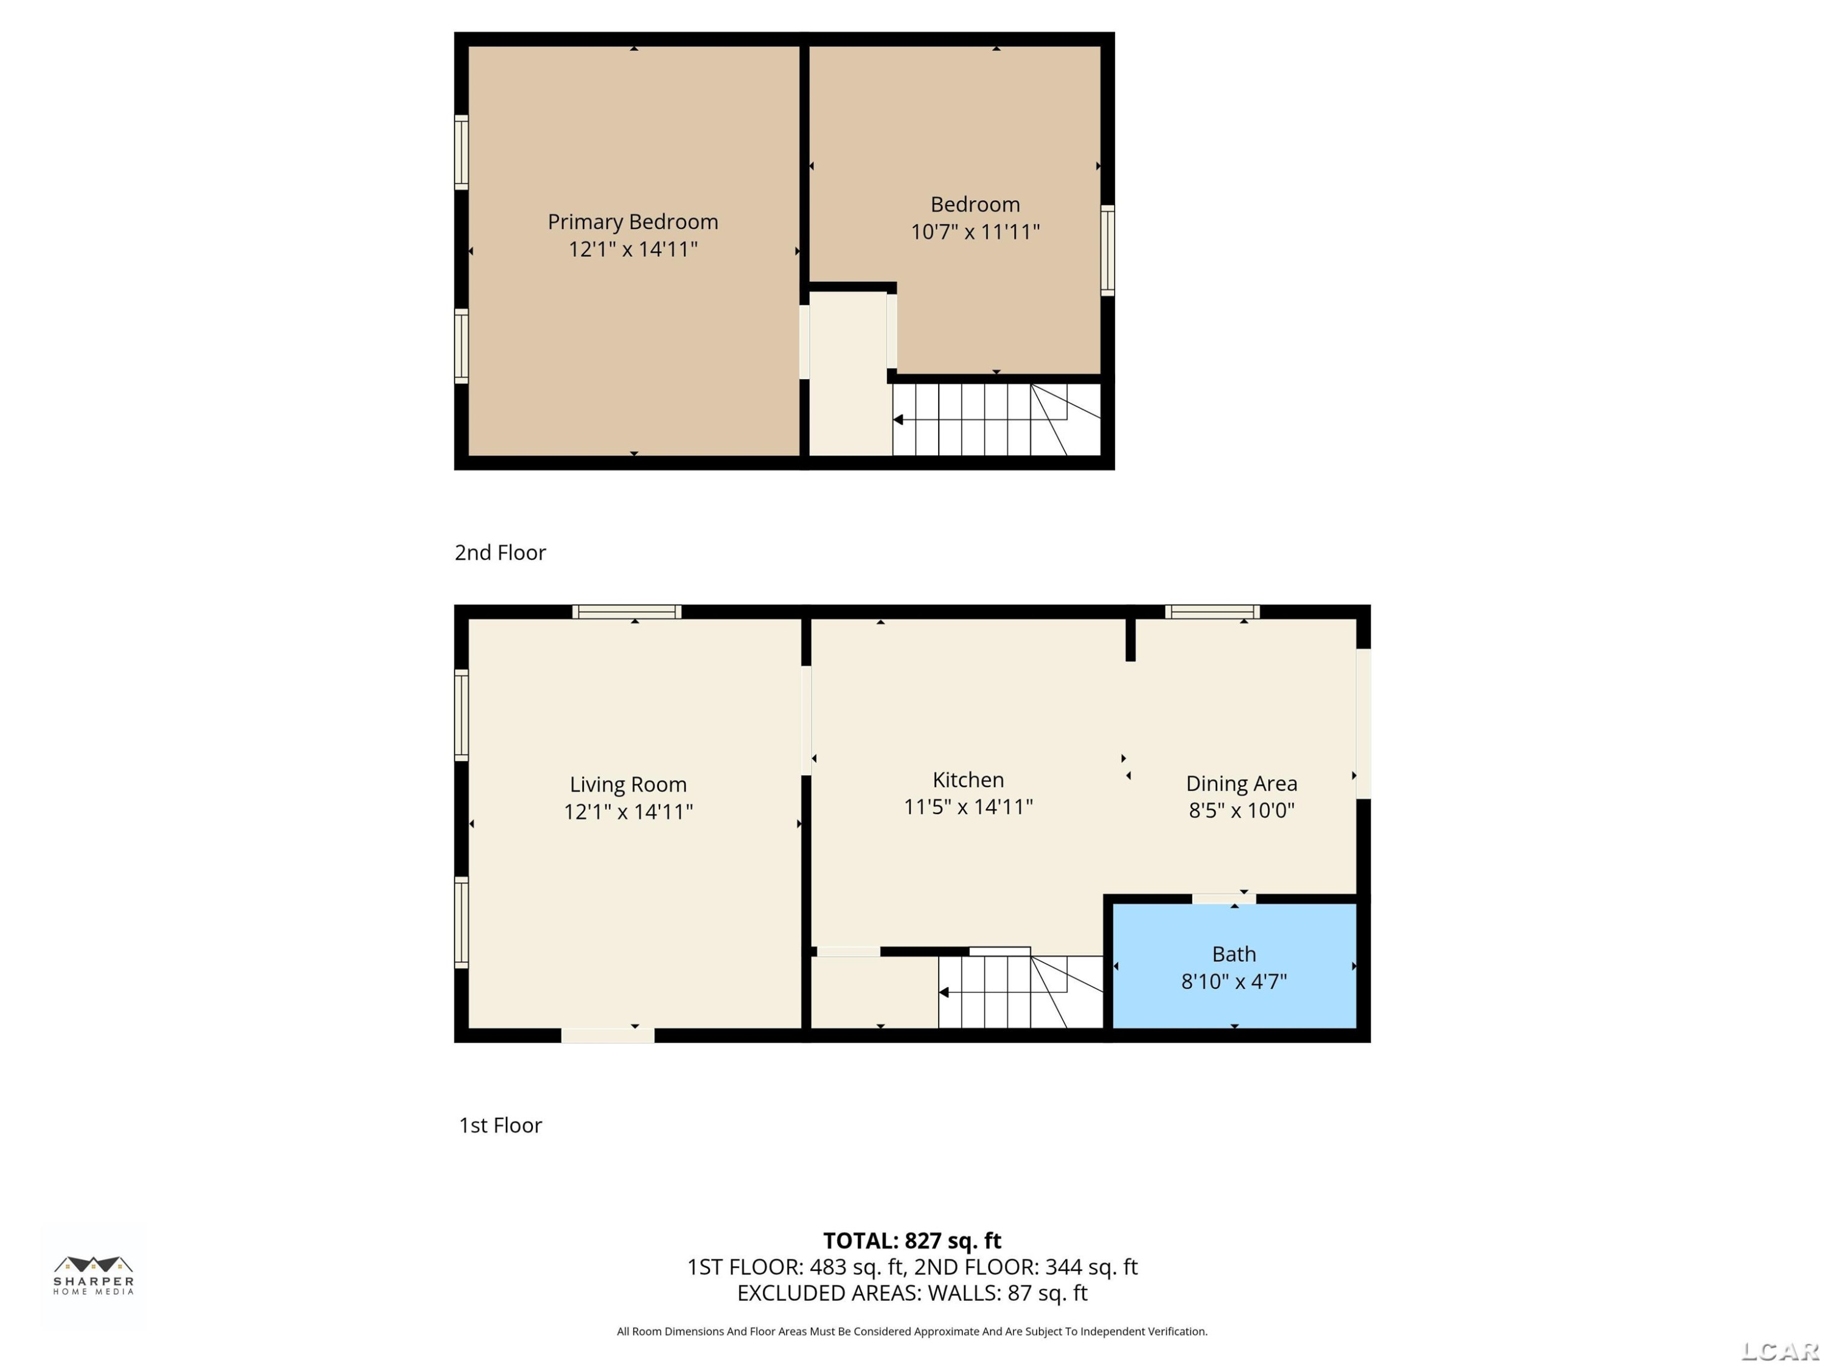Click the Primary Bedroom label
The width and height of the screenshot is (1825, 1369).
tap(633, 222)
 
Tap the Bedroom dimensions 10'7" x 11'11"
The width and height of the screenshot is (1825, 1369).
tap(975, 232)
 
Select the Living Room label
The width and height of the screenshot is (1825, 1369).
tap(628, 785)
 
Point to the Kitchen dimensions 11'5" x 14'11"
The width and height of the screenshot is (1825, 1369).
tap(968, 807)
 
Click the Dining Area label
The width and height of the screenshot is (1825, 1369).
tap(1242, 784)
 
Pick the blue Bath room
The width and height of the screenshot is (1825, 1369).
tap(1234, 966)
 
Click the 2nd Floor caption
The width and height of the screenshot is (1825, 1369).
tap(500, 553)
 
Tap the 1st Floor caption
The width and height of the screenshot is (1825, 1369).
tap(500, 1126)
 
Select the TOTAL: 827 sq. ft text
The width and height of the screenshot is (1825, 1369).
tap(912, 1241)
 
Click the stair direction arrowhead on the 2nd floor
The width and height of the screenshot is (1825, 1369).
tap(899, 420)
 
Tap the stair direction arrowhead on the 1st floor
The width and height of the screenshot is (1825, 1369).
tap(944, 993)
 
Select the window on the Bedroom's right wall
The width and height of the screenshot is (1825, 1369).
tap(1108, 250)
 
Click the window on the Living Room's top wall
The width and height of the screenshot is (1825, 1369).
tap(627, 611)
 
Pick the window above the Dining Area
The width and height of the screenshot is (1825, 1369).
tap(1212, 611)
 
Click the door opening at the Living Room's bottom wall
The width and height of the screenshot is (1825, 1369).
tap(608, 1036)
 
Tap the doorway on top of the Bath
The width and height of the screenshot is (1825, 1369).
tap(1223, 899)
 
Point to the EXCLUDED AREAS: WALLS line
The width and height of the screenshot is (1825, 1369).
tap(912, 1293)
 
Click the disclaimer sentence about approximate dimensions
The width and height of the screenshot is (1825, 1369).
tap(912, 1331)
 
